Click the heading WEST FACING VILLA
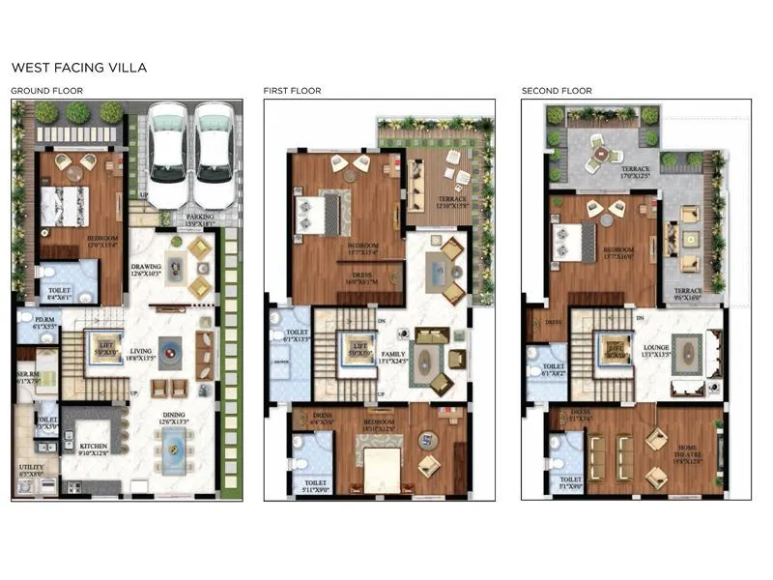click(78, 69)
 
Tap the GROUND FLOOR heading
click(46, 91)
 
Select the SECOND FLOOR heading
click(557, 91)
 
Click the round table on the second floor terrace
click(601, 152)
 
